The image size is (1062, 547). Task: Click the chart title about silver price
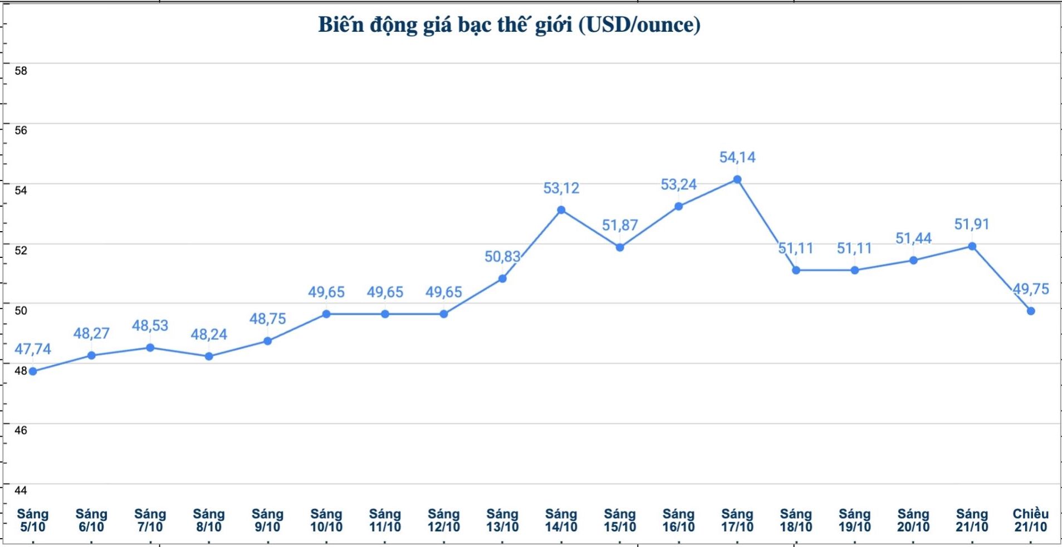[x=509, y=25]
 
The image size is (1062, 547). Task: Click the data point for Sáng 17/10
[x=737, y=179]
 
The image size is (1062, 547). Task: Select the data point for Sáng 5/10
[x=33, y=371]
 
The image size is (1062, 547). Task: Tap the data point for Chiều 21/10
[x=1031, y=311]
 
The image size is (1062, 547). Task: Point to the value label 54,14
[x=737, y=158]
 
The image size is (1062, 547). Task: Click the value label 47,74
[x=33, y=349]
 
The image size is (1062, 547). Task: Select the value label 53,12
[x=561, y=188]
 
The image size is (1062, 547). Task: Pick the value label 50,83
[x=502, y=257]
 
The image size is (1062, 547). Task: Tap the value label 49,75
[x=1031, y=289]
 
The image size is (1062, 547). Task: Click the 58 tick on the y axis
[x=21, y=71]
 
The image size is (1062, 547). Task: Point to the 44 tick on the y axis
[x=21, y=490]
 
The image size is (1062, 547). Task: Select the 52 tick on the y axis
[x=21, y=250]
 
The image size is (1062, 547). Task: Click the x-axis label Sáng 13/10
[x=502, y=520]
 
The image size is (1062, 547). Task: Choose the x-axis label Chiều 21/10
[x=1030, y=520]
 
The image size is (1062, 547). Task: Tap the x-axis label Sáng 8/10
[x=209, y=520]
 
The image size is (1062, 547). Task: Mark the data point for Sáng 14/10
[x=561, y=210]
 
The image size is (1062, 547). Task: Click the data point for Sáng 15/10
[x=620, y=247]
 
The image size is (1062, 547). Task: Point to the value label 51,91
[x=972, y=224]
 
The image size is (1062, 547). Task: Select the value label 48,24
[x=209, y=334]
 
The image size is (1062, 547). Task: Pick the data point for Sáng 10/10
[x=326, y=314]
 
